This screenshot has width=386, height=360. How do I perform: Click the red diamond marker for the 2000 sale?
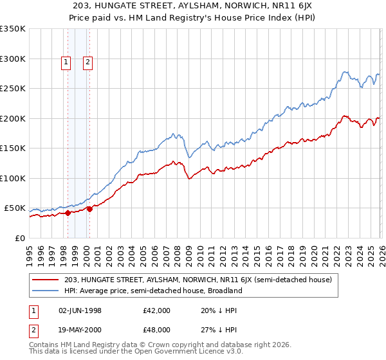(x=89, y=208)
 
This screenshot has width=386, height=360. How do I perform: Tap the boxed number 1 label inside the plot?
(x=66, y=62)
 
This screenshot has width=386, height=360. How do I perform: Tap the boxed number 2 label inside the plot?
(x=87, y=62)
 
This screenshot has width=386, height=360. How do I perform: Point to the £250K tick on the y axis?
(x=13, y=89)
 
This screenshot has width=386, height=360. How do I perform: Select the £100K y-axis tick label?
(x=13, y=178)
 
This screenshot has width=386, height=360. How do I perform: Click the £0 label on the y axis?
(x=19, y=238)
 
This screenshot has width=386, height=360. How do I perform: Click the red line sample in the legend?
(x=46, y=280)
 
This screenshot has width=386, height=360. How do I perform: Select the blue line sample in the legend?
(x=46, y=291)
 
